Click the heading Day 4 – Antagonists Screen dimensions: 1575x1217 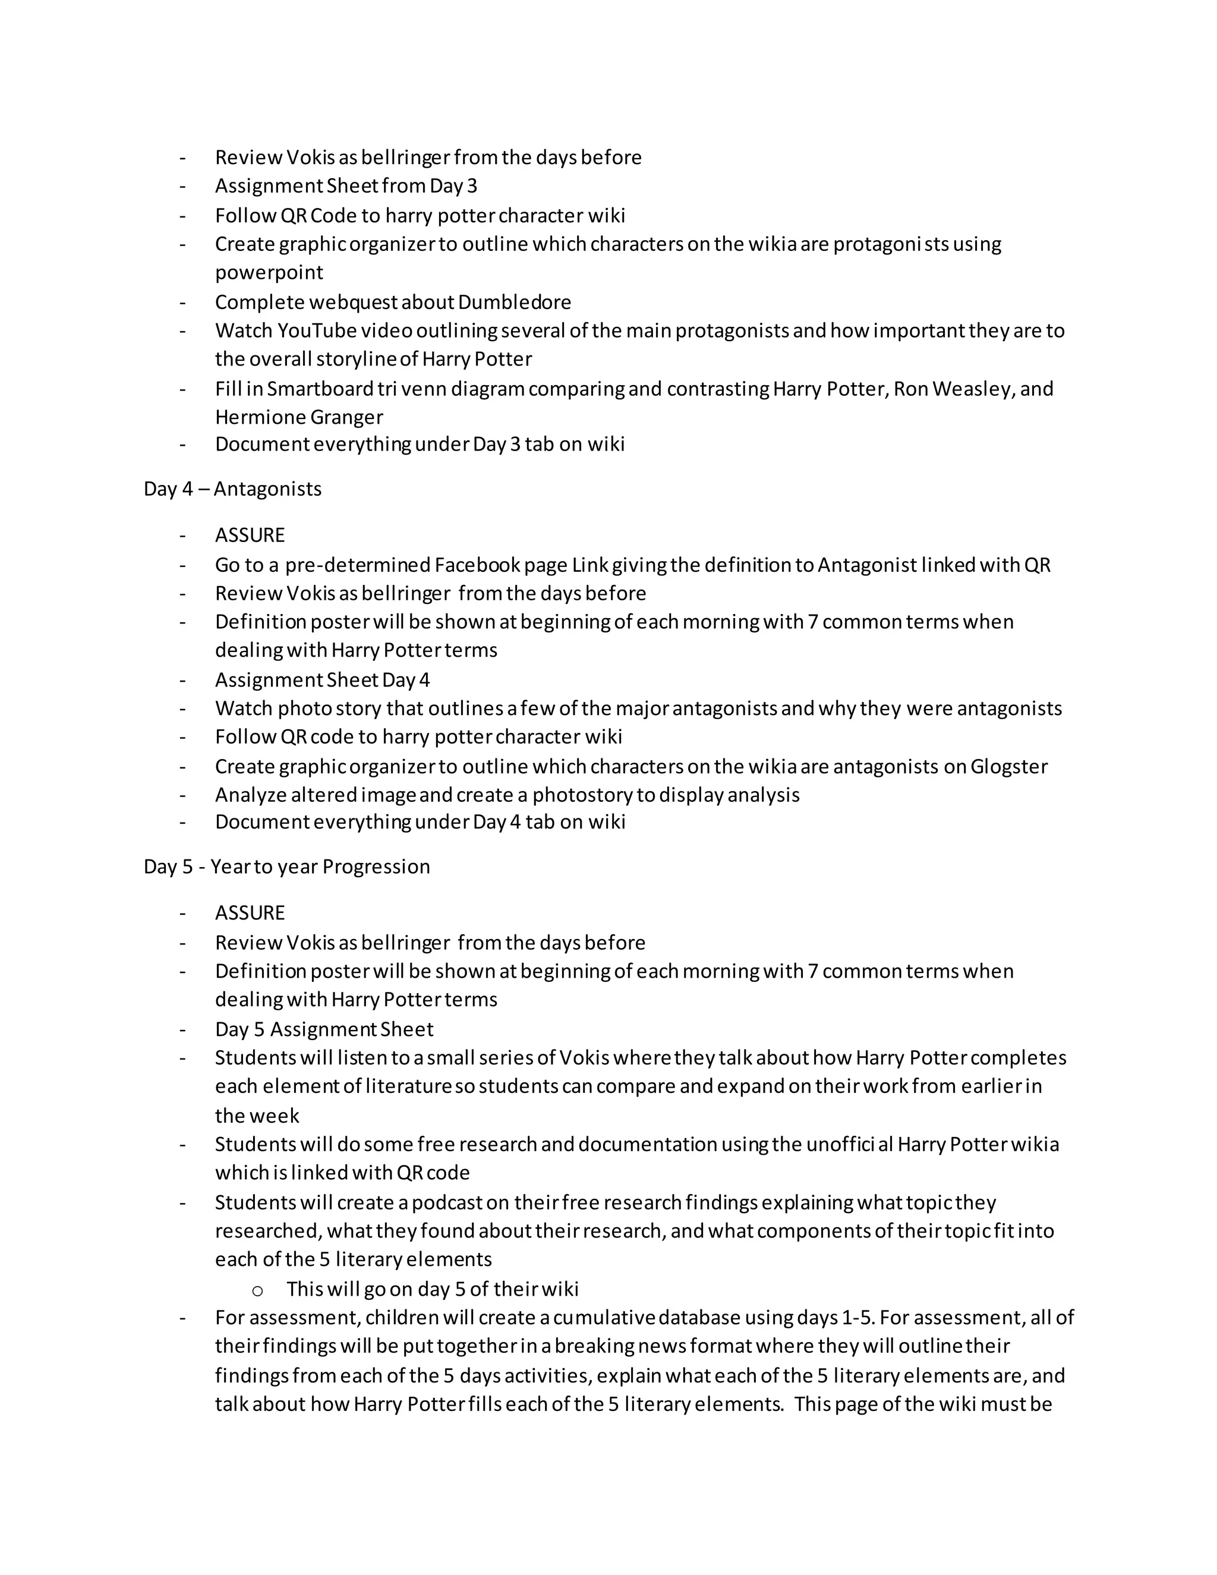tap(232, 489)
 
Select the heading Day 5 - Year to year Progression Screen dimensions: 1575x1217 tap(286, 866)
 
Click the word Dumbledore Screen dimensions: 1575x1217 tap(514, 301)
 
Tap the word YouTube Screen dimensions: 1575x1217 tap(317, 330)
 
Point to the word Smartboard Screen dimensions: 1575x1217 tap(319, 389)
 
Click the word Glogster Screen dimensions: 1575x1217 tap(1008, 766)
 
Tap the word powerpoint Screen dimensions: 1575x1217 tap(269, 273)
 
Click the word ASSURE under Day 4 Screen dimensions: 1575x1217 tap(250, 535)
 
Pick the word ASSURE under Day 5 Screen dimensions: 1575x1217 tap(250, 913)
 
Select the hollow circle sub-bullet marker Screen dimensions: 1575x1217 tap(257, 1290)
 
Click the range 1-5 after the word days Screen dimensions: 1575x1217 tap(856, 1318)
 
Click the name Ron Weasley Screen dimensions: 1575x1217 tap(953, 389)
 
